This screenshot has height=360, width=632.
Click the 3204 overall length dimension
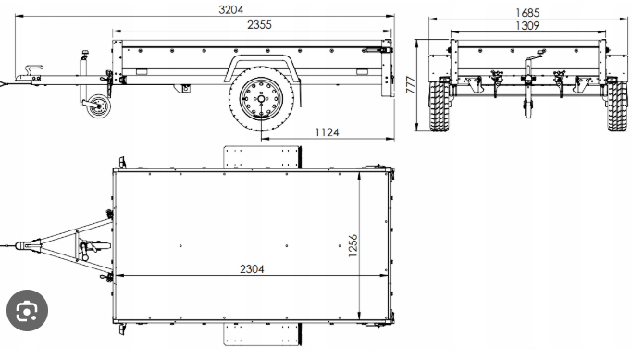point(231,9)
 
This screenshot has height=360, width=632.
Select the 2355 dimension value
point(259,25)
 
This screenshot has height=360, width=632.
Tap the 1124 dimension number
point(327,132)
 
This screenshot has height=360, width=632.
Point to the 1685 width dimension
point(527,13)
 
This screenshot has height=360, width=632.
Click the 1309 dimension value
point(527,25)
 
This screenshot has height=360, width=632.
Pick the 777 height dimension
point(411,84)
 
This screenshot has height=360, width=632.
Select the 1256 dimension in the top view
point(353,245)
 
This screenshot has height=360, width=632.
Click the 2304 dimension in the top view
point(252,268)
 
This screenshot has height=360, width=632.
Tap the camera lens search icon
point(27,310)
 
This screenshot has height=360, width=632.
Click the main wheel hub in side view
point(261,98)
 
